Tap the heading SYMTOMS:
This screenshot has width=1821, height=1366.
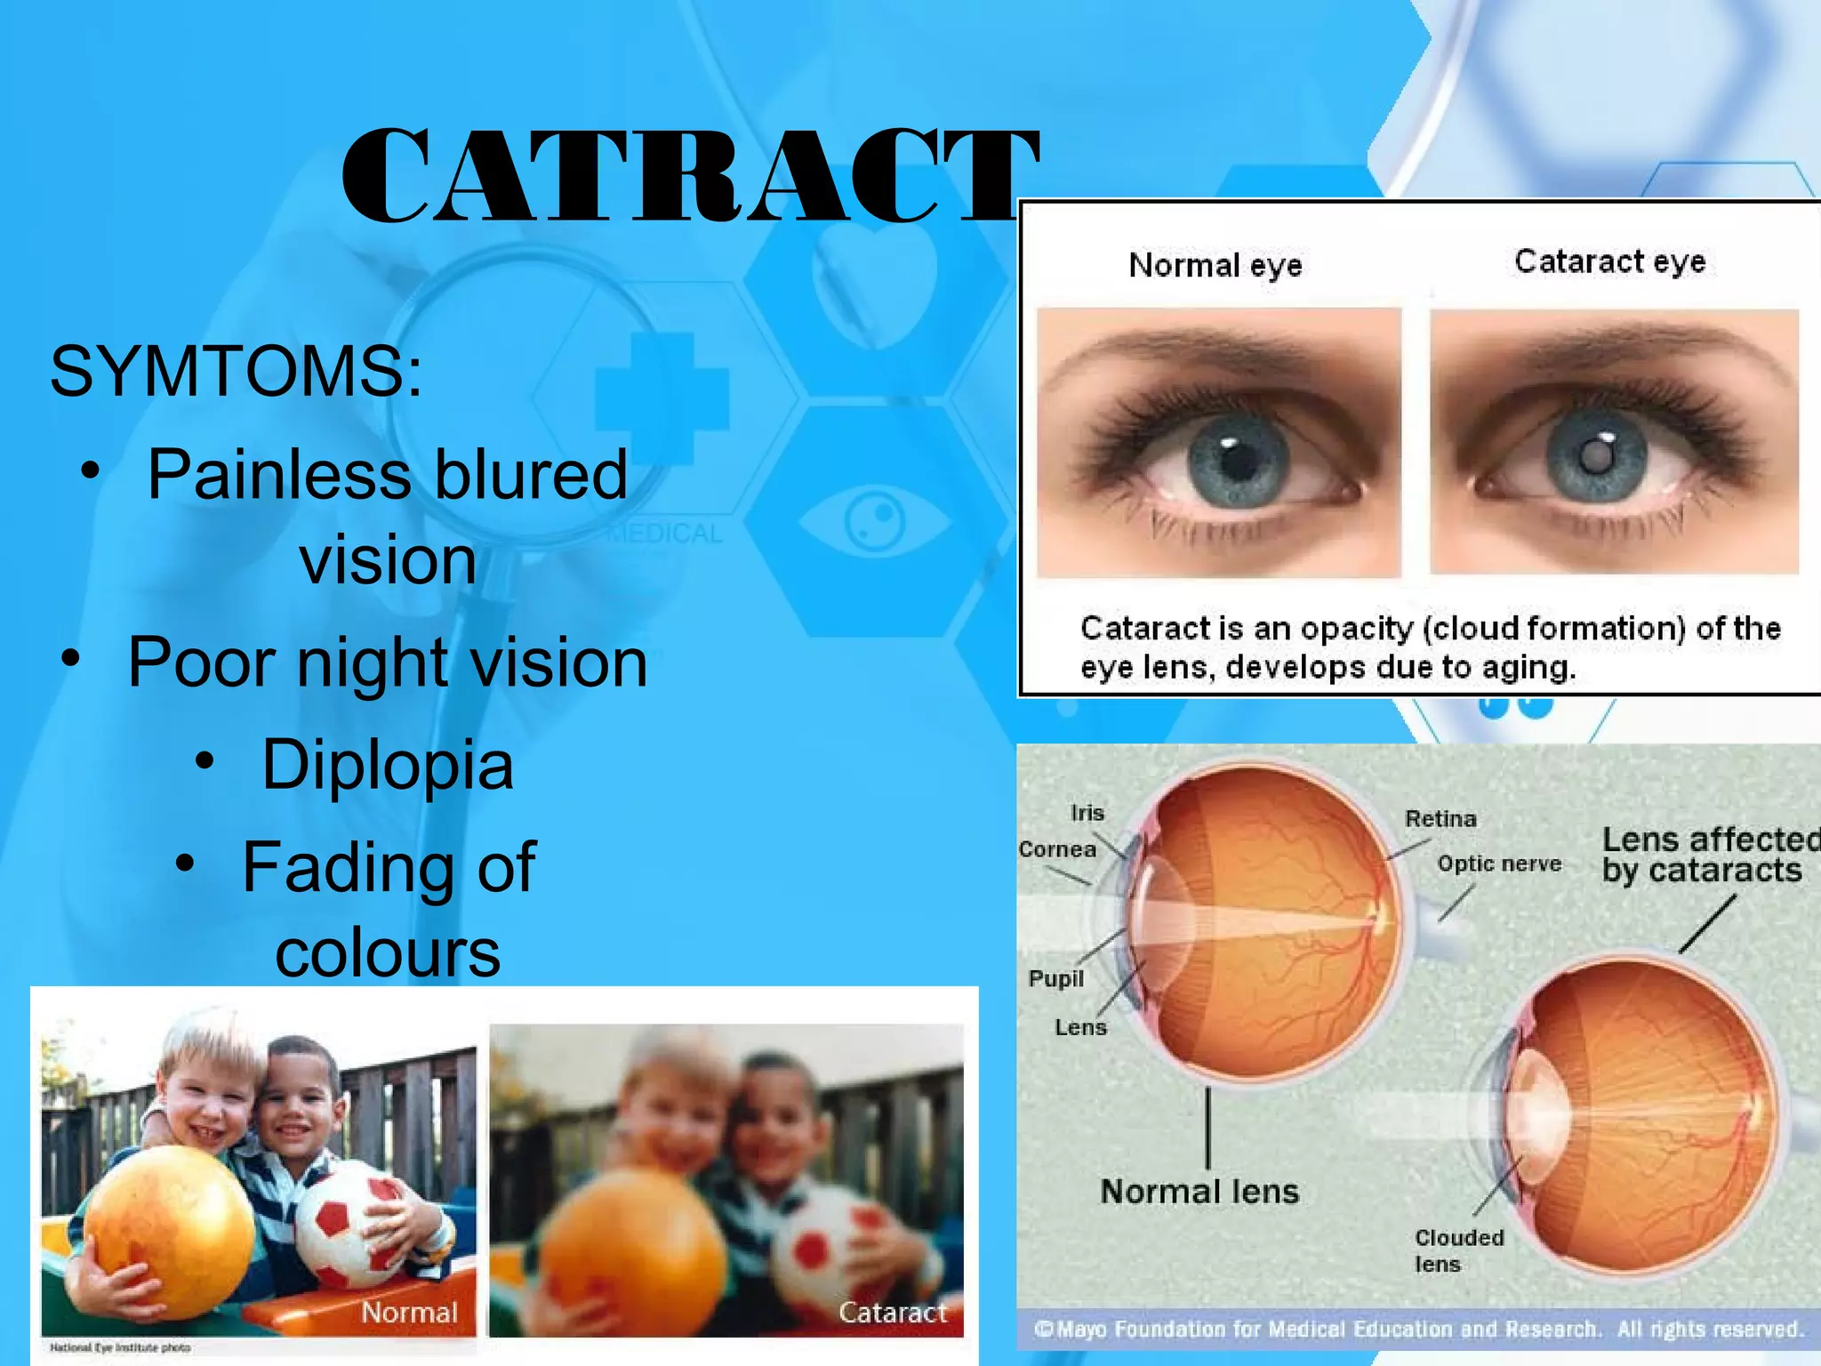[x=236, y=371]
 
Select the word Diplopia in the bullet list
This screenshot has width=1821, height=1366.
[x=387, y=765]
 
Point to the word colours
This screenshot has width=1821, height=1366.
[x=387, y=953]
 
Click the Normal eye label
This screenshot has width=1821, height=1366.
[x=1215, y=265]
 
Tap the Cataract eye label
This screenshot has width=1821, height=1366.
[x=1609, y=261]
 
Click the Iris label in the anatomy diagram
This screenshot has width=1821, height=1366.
[x=1087, y=813]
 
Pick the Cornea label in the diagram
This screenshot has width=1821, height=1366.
[x=1057, y=849]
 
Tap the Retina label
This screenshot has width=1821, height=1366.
[x=1440, y=818]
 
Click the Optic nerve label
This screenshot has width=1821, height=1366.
[x=1499, y=864]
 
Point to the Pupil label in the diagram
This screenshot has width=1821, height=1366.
[x=1056, y=978]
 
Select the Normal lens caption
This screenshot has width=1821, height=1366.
[x=1199, y=1192]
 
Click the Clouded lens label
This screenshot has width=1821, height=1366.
[x=1458, y=1250]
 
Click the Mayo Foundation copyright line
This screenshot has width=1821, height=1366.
[x=1418, y=1330]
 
